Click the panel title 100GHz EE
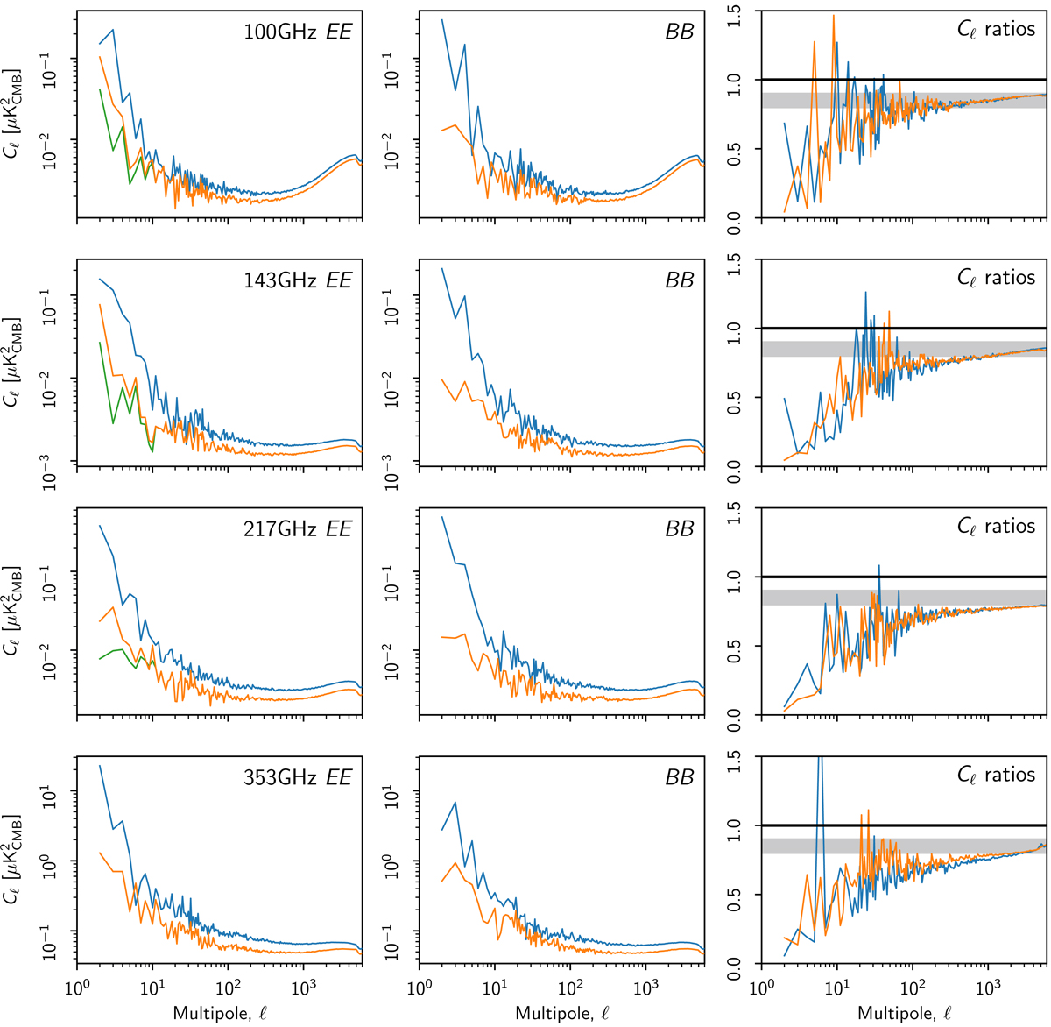298,32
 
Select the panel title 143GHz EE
298,280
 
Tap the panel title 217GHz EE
298,529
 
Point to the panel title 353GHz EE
298,778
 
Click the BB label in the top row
680,32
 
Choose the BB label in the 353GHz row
680,778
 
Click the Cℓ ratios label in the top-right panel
996,29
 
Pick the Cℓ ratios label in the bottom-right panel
996,776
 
